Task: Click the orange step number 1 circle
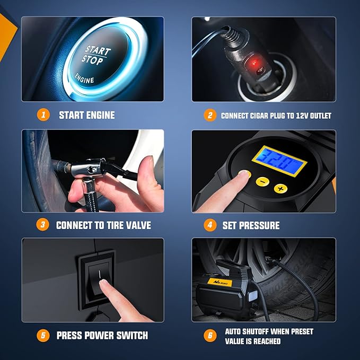[x=44, y=115]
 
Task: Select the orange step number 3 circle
[x=44, y=225]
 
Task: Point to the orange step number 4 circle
[x=210, y=225]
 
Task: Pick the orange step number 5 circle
[x=44, y=335]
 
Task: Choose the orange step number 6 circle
[x=210, y=336]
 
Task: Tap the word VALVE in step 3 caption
[x=136, y=225]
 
